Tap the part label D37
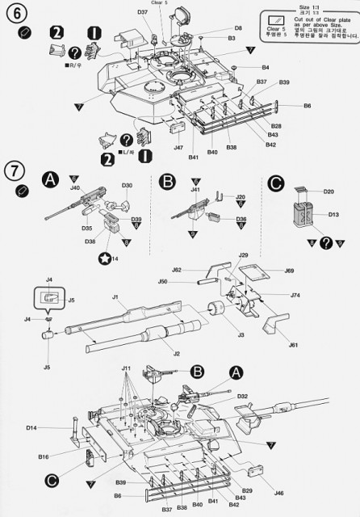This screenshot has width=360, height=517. (x=142, y=12)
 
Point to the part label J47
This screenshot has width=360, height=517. (x=178, y=148)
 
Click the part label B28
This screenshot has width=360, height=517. (x=276, y=126)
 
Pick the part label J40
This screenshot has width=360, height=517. (x=75, y=187)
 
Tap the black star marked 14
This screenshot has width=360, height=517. (x=105, y=259)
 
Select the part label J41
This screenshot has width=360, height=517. (x=195, y=190)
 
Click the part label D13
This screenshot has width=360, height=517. (x=331, y=215)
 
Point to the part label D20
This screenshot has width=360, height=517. (x=329, y=191)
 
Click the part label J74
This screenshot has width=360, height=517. (x=295, y=296)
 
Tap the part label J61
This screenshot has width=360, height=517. (x=293, y=345)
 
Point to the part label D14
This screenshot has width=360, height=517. (x=31, y=427)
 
